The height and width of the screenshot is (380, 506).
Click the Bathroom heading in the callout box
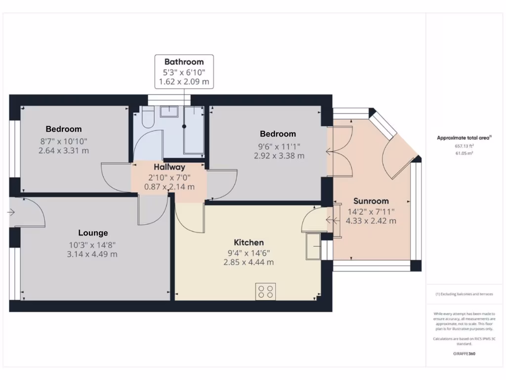point(184,62)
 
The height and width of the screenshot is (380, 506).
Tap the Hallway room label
point(169,167)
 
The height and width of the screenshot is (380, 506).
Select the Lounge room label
point(93,233)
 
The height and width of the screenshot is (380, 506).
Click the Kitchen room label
point(249,242)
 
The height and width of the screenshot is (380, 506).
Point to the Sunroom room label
point(371,201)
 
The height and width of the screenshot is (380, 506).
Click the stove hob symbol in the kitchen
point(265,291)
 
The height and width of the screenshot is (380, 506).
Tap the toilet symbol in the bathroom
point(147,118)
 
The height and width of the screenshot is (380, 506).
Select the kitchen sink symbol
point(313,246)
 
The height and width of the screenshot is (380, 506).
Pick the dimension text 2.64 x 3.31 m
point(64,150)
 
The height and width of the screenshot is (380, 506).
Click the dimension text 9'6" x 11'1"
point(278,146)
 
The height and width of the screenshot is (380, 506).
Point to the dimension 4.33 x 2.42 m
point(371,221)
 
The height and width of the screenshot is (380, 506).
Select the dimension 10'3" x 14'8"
point(93,244)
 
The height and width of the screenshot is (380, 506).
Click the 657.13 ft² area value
point(464,146)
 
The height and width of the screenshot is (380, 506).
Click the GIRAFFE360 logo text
point(464,354)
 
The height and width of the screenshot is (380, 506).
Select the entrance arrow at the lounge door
point(11,213)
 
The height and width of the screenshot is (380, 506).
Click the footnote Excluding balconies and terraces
point(464,294)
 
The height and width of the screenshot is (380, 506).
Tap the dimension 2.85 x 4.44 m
point(249,262)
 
